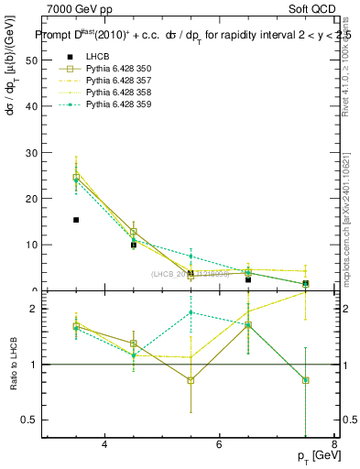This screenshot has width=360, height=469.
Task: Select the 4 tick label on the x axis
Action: click(104, 445)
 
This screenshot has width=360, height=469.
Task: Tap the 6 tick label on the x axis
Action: click(219, 445)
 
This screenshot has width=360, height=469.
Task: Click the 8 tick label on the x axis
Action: click(333, 445)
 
